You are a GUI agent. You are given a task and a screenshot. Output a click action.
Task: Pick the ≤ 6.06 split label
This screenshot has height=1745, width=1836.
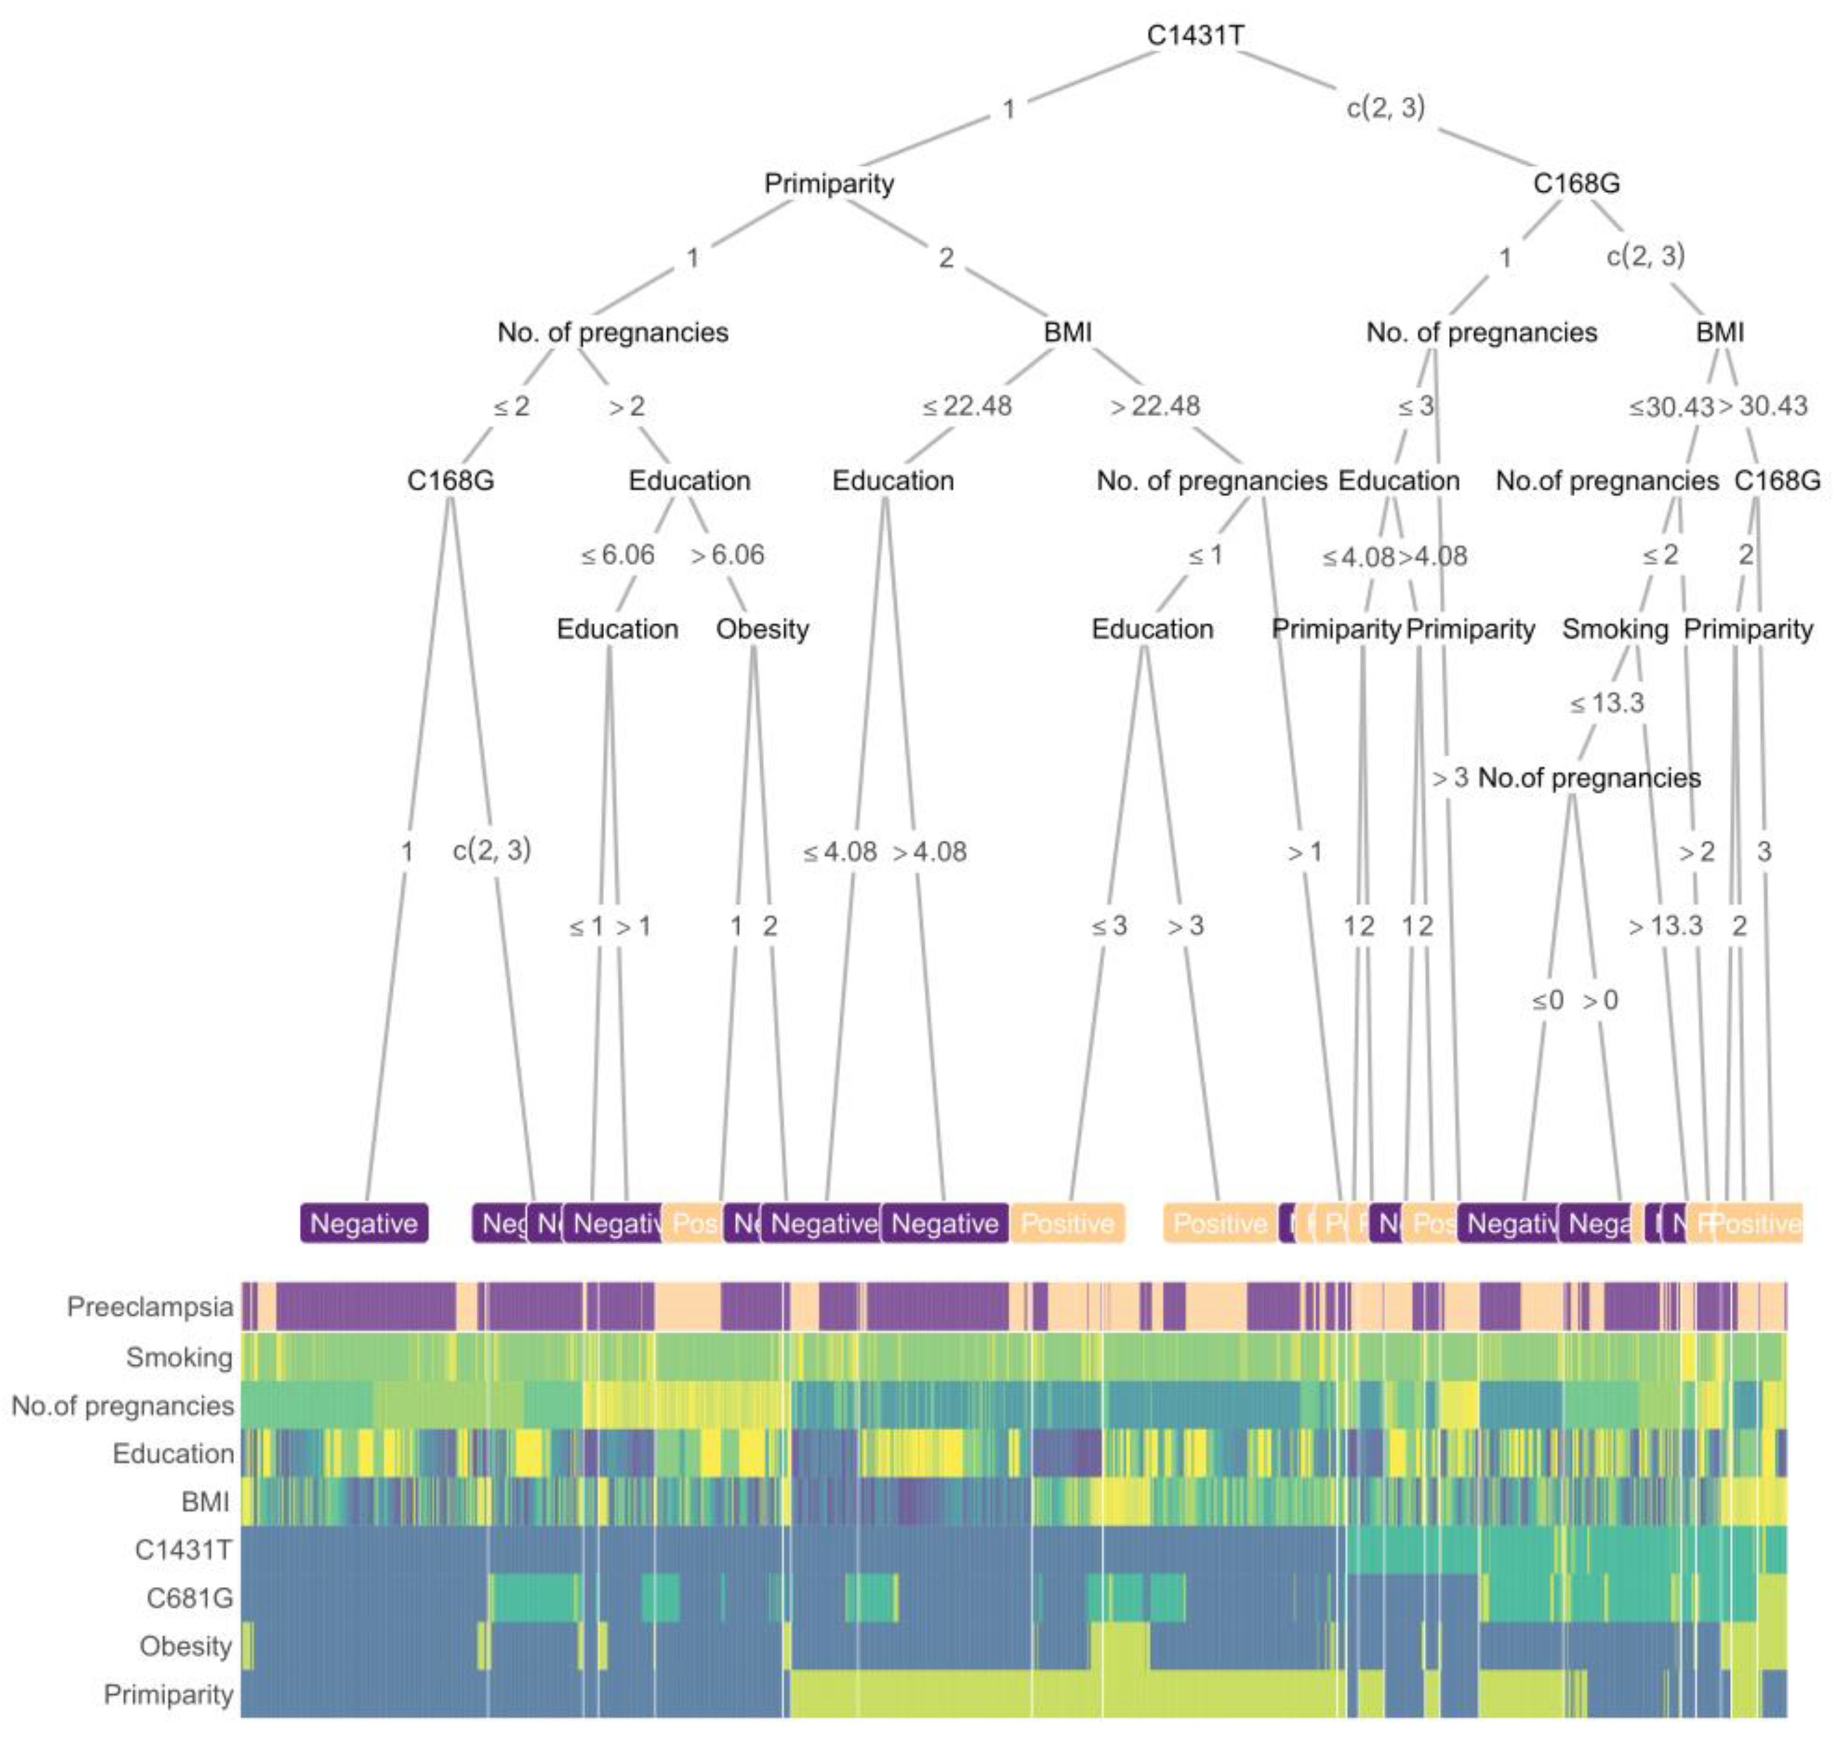click(618, 555)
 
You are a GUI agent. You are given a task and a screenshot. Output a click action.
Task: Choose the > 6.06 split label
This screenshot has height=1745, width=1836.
click(727, 555)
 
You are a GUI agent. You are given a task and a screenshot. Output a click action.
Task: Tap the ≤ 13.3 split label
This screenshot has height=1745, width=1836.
click(1607, 703)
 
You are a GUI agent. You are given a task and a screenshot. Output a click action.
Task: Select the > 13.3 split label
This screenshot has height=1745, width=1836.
click(1665, 926)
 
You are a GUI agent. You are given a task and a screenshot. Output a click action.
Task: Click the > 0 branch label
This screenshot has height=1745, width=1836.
click(1601, 1001)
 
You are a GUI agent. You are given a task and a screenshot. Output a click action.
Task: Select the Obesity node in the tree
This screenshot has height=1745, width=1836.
click(763, 629)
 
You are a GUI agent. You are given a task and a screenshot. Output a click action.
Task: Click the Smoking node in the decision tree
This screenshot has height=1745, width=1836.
click(1615, 629)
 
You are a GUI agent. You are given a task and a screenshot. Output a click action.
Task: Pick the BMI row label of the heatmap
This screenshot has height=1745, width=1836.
click(205, 1501)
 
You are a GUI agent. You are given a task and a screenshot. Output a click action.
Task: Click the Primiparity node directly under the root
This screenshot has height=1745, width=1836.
click(829, 183)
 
